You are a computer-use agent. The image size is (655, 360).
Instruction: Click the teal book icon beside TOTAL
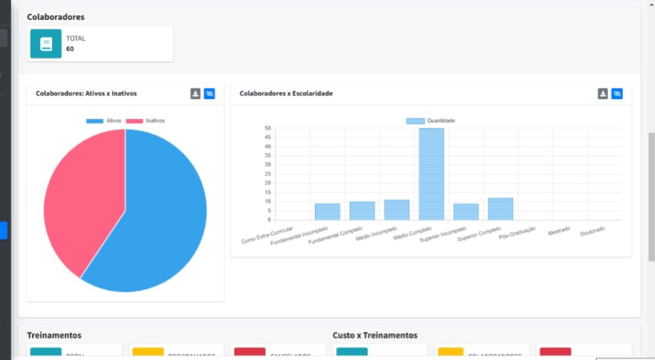click(x=46, y=44)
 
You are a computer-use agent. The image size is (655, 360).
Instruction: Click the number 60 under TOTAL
click(x=70, y=49)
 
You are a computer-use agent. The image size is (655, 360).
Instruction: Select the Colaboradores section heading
click(x=55, y=17)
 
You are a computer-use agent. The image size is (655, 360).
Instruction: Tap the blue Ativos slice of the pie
click(x=159, y=218)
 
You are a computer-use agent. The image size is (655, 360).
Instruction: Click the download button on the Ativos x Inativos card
click(x=195, y=94)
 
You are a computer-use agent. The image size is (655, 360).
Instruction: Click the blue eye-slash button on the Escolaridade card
click(x=616, y=94)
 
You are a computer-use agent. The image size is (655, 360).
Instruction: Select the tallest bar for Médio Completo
click(x=431, y=173)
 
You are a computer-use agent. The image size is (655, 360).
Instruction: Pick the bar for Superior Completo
click(x=500, y=209)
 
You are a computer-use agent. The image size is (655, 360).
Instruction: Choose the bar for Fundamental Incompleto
click(x=327, y=211)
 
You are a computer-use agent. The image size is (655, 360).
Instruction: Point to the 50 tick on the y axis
click(x=268, y=128)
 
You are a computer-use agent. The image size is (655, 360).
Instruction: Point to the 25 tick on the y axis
click(x=268, y=174)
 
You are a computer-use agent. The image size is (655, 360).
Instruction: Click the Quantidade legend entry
click(x=430, y=120)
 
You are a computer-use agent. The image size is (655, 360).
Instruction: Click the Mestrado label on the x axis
click(x=559, y=231)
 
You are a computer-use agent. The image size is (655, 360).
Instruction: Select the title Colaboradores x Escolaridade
click(x=286, y=93)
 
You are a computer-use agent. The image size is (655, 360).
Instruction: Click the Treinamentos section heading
click(x=54, y=335)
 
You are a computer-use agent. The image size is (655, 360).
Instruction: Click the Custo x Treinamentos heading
click(x=375, y=335)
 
